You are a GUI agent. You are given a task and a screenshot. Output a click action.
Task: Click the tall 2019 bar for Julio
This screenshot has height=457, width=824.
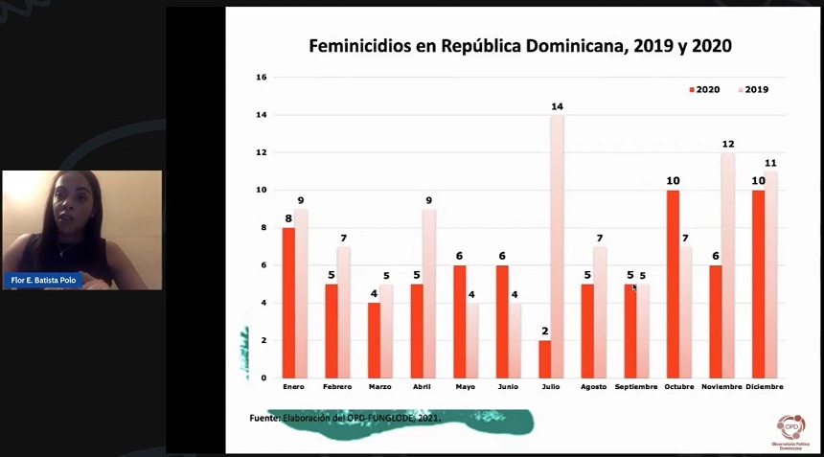(x=557, y=246)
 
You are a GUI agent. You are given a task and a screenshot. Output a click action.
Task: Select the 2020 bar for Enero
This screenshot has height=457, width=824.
(x=287, y=302)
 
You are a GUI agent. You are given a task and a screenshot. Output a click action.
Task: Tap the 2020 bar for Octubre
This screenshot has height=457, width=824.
(x=673, y=284)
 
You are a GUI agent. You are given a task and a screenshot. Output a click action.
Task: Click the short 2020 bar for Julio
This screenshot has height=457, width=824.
(x=544, y=358)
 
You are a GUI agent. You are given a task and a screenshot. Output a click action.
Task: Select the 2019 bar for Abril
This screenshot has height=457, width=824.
(x=428, y=293)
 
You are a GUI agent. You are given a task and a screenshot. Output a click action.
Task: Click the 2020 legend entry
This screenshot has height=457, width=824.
(x=704, y=89)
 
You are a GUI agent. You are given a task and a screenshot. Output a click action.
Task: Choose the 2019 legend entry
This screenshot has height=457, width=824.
(x=752, y=89)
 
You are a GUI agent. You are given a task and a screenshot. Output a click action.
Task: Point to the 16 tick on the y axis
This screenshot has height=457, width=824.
(x=261, y=78)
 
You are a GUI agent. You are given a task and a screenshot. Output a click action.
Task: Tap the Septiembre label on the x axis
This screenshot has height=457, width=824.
(x=636, y=387)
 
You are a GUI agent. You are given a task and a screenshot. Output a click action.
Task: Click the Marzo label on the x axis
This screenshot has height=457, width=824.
(x=380, y=387)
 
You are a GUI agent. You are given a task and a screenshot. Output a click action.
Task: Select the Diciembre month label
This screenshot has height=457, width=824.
(x=764, y=387)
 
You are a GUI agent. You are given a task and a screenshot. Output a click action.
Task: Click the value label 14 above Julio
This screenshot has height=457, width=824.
(x=557, y=106)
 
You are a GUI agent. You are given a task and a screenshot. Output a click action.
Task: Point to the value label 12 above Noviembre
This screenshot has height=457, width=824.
(x=728, y=145)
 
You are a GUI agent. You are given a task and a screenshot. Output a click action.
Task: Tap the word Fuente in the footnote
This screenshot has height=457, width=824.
(x=264, y=418)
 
